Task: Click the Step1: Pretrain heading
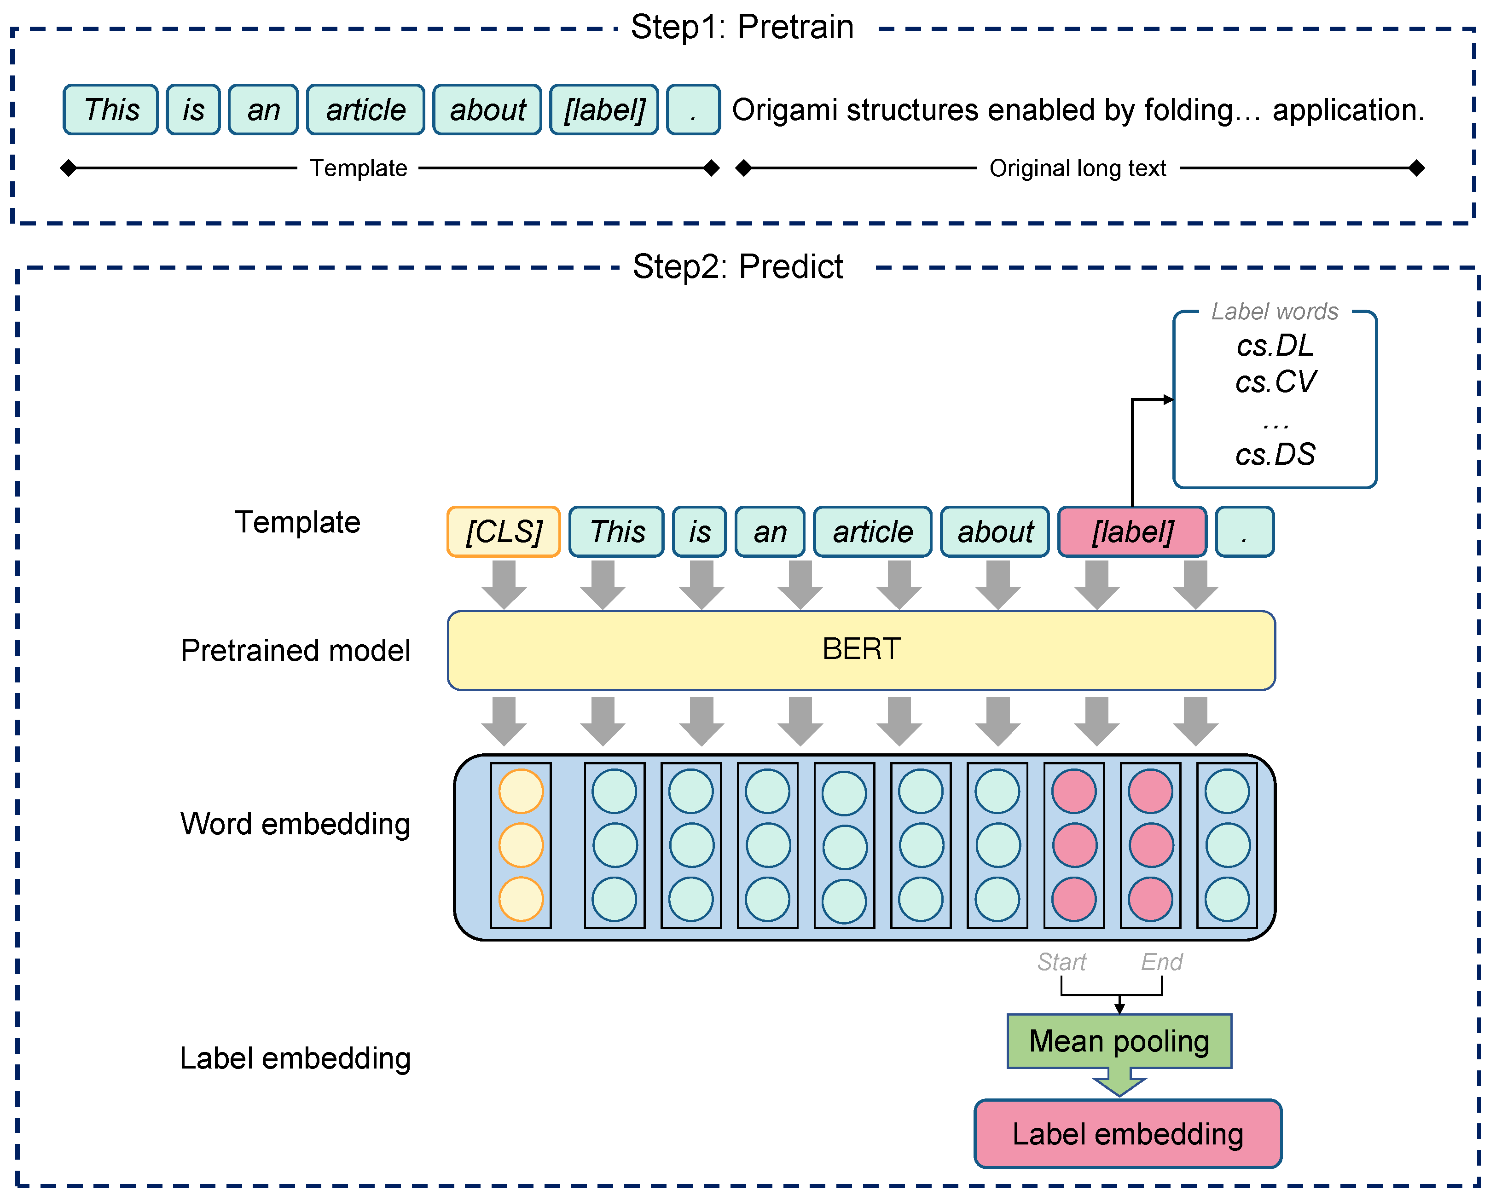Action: point(742,28)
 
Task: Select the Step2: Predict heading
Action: point(737,267)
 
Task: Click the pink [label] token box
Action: point(1132,532)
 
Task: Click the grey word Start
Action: point(1061,961)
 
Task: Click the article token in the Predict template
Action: point(872,532)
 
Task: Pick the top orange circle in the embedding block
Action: point(521,791)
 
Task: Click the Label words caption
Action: point(1275,312)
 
